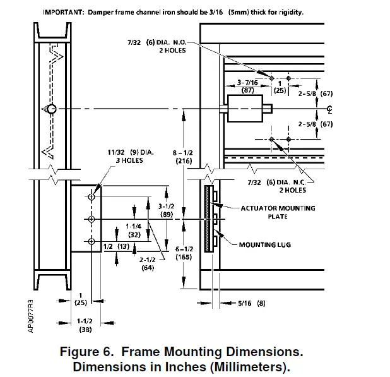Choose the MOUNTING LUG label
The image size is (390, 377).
tap(264, 244)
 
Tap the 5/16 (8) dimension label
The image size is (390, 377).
tap(251, 303)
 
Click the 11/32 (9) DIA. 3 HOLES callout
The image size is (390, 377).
tap(126, 156)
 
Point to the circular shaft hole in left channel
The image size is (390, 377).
tap(52, 109)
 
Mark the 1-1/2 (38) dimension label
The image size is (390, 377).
tap(84, 325)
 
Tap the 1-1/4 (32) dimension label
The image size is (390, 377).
tap(133, 229)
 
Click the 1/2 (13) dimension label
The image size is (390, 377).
tap(114, 246)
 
